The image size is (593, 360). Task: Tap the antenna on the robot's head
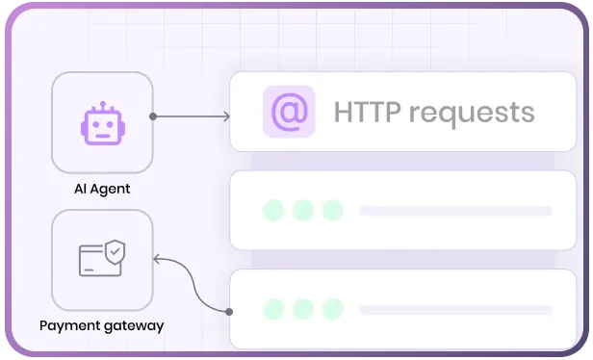(103, 106)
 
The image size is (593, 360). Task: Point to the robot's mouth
(103, 136)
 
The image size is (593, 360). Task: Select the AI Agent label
(102, 189)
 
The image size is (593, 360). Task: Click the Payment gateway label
(102, 325)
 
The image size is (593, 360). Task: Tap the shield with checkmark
(115, 252)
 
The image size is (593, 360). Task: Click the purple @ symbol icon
(290, 112)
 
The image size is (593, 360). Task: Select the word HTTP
(367, 112)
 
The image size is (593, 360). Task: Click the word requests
(472, 114)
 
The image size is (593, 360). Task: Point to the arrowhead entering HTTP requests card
(227, 116)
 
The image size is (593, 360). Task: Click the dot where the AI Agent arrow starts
(153, 116)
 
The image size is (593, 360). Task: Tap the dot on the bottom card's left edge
(229, 312)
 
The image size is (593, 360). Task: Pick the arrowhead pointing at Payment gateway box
(156, 259)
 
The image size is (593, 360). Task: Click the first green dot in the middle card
(273, 210)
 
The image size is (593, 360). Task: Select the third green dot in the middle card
(333, 210)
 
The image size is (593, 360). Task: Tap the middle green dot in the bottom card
(303, 309)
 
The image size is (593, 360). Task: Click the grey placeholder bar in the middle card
(455, 211)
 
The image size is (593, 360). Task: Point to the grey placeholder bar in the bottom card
(455, 310)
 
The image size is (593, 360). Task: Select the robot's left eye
(95, 124)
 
